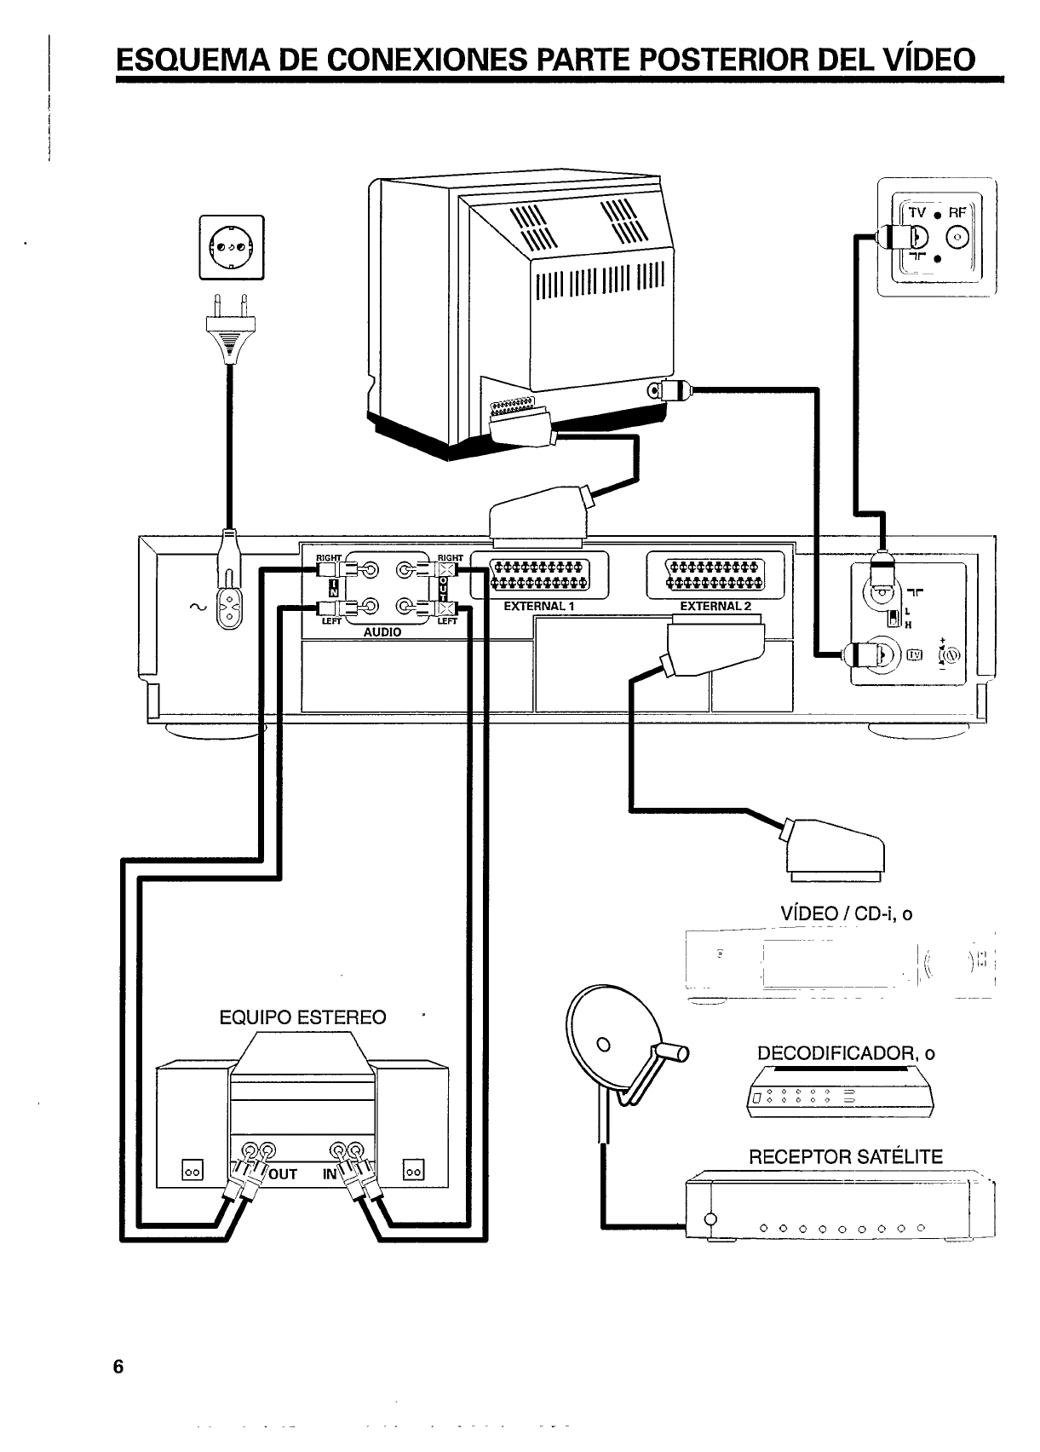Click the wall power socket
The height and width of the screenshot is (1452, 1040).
pyautogui.click(x=232, y=247)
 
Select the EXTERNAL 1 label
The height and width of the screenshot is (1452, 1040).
pyautogui.click(x=540, y=607)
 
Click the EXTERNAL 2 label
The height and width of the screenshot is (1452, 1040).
pyautogui.click(x=715, y=607)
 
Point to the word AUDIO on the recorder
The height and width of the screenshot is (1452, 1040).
pyautogui.click(x=382, y=632)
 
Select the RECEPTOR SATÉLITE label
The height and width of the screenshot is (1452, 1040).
pyautogui.click(x=845, y=1157)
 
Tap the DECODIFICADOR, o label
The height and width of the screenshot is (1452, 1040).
pyautogui.click(x=846, y=1053)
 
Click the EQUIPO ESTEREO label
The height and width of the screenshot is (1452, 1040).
pyautogui.click(x=302, y=1017)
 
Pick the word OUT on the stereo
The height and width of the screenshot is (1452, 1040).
pyautogui.click(x=283, y=1174)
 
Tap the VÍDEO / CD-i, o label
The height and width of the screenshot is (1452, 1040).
pyautogui.click(x=846, y=914)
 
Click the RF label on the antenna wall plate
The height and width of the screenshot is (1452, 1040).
pyautogui.click(x=957, y=213)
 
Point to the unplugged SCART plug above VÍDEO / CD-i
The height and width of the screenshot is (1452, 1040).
pyautogui.click(x=836, y=847)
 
